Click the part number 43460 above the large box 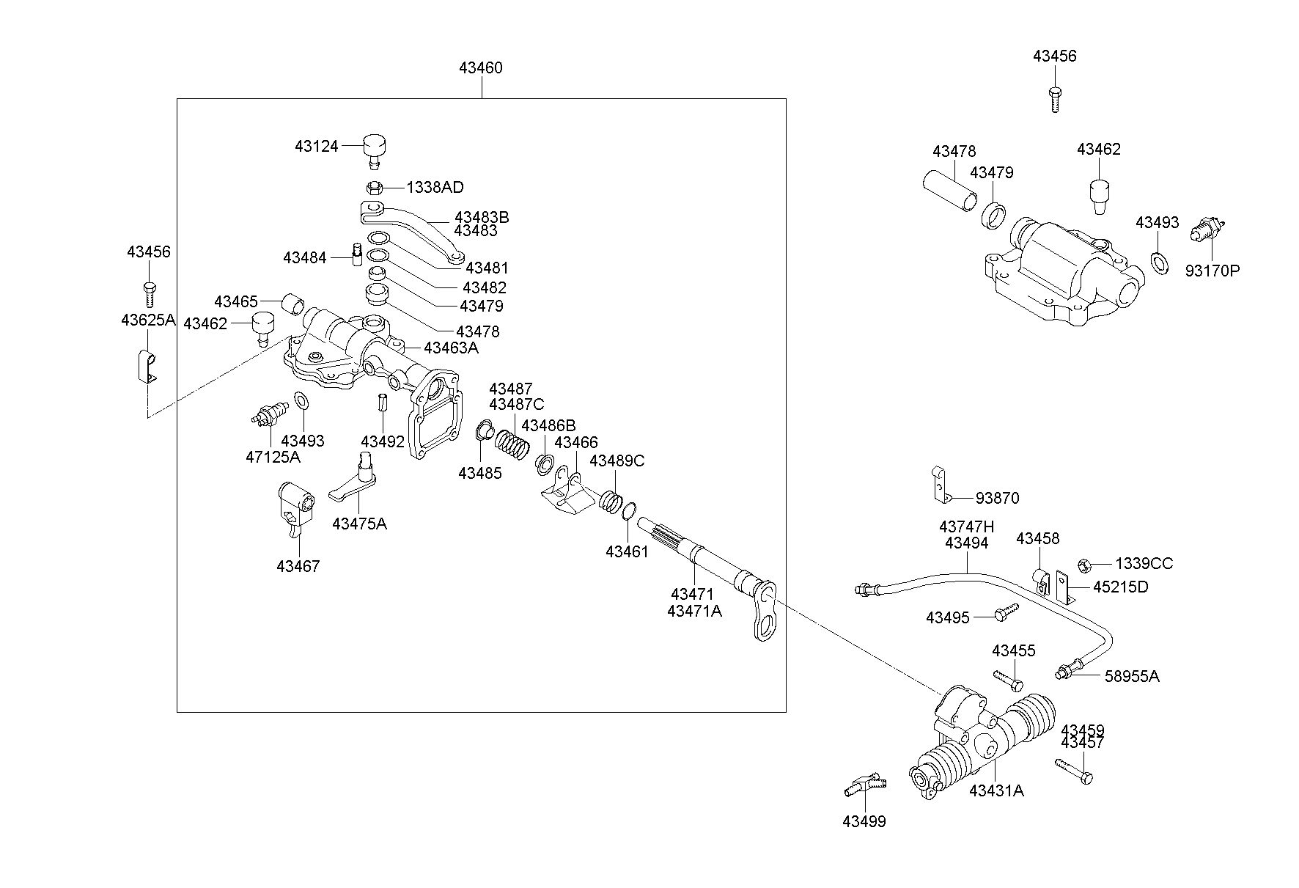pyautogui.click(x=481, y=68)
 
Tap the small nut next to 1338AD pyautogui.click(x=373, y=187)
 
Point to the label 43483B pyautogui.click(x=482, y=217)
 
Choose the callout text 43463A pyautogui.click(x=451, y=348)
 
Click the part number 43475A pyautogui.click(x=359, y=524)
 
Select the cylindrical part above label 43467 pyautogui.click(x=297, y=504)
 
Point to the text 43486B pyautogui.click(x=548, y=425)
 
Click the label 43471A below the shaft pyautogui.click(x=694, y=610)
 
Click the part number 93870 pyautogui.click(x=997, y=498)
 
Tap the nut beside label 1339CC pyautogui.click(x=1086, y=565)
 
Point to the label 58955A pyautogui.click(x=1132, y=675)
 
